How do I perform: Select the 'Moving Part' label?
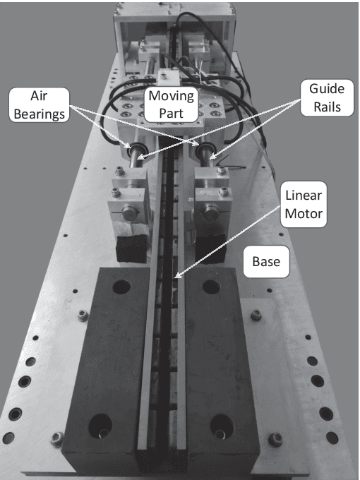tap(171, 104)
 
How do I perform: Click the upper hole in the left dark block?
tap(121, 287)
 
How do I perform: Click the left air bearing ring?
tap(135, 149)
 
